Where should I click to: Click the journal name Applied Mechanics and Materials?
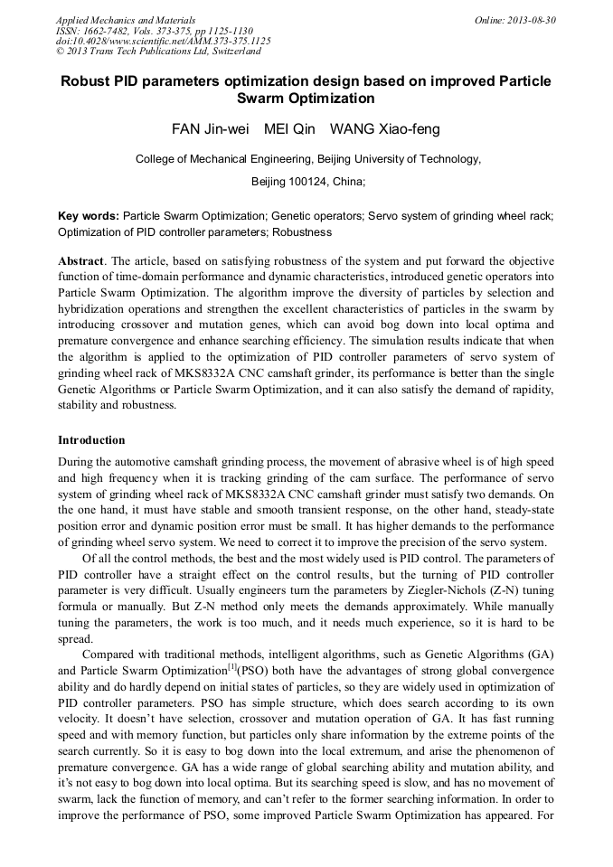click(126, 20)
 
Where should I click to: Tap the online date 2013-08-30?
click(533, 20)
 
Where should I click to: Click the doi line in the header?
click(163, 41)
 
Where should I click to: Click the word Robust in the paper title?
click(87, 81)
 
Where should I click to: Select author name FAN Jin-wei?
click(209, 129)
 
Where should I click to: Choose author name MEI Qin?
click(289, 129)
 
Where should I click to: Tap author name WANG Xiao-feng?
click(384, 129)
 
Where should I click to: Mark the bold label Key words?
click(88, 217)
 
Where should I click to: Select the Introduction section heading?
click(91, 440)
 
